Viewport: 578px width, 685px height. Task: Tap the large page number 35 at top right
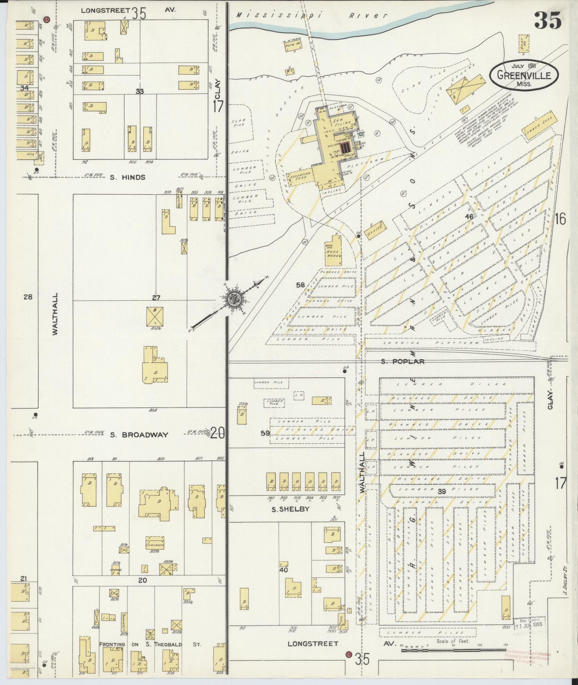tap(548, 21)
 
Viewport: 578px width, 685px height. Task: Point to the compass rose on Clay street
tap(235, 298)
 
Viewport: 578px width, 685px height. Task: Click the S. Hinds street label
tap(128, 177)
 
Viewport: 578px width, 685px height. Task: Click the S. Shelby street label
tap(285, 509)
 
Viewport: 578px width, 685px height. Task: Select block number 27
tap(156, 298)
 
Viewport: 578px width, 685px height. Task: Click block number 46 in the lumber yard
tap(469, 217)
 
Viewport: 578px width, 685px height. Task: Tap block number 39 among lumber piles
tap(442, 492)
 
